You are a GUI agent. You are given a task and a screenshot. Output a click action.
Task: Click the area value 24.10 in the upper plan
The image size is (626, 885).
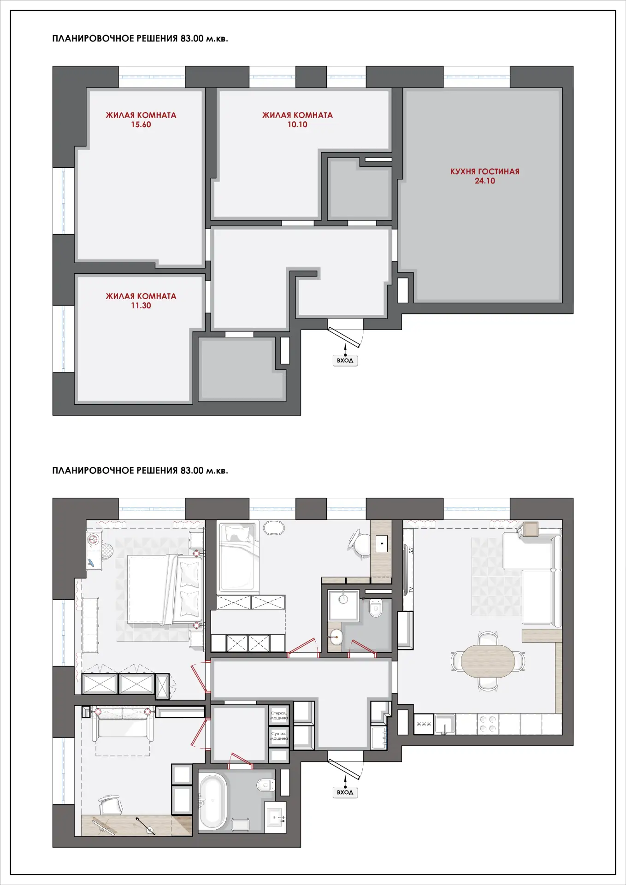pyautogui.click(x=484, y=181)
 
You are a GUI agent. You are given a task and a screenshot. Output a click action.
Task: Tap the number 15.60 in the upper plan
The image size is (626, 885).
pyautogui.click(x=141, y=124)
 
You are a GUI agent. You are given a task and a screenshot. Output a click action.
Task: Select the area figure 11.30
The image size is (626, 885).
pyautogui.click(x=141, y=306)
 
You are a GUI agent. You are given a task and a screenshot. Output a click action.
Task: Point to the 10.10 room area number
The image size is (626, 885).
pyautogui.click(x=297, y=124)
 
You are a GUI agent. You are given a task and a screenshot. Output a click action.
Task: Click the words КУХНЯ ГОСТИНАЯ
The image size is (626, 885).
pyautogui.click(x=484, y=171)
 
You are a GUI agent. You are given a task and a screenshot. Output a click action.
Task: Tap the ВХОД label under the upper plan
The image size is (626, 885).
pyautogui.click(x=345, y=360)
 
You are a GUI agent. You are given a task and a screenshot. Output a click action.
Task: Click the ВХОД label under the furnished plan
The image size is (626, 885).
pyautogui.click(x=345, y=792)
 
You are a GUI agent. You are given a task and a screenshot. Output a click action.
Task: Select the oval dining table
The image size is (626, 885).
pyautogui.click(x=488, y=661)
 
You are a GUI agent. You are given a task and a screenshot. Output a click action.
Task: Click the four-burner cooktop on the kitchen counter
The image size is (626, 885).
pyautogui.click(x=488, y=724)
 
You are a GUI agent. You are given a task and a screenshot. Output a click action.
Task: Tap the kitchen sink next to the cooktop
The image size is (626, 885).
pyautogui.click(x=445, y=724)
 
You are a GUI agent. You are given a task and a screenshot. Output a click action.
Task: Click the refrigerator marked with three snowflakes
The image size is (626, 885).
pyautogui.click(x=424, y=724)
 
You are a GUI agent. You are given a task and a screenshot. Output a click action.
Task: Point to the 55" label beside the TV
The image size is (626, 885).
pyautogui.click(x=411, y=550)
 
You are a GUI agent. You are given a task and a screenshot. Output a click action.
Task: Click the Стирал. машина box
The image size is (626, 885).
pyautogui.click(x=279, y=715)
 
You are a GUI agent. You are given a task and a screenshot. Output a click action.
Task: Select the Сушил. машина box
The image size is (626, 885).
pyautogui.click(x=279, y=736)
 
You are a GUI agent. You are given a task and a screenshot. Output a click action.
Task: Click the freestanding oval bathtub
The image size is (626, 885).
pyautogui.click(x=213, y=802)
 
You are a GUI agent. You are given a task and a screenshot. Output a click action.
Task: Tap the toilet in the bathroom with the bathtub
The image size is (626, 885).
pyautogui.click(x=266, y=785)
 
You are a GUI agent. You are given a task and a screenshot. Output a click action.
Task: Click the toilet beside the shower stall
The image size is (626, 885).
pyautogui.click(x=376, y=608)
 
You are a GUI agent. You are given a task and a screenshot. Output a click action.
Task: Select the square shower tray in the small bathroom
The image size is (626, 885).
pyautogui.click(x=343, y=605)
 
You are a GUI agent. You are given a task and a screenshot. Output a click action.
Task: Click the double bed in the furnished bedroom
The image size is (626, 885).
pyautogui.click(x=165, y=590)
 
